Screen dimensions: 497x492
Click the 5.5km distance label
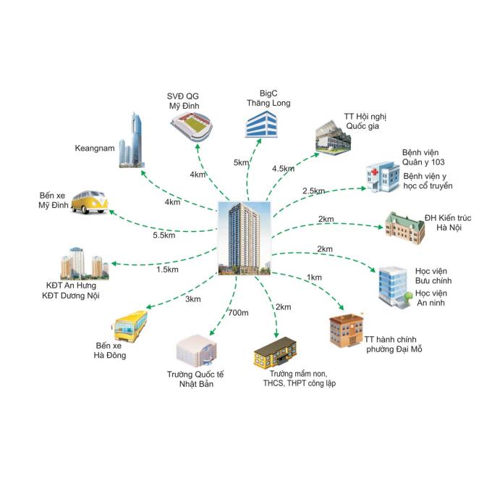coord(164,235)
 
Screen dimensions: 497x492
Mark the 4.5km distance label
coord(283,169)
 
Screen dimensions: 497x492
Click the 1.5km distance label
coord(167,270)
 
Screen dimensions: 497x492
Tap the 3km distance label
coord(192,299)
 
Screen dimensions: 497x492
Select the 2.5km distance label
coord(313,191)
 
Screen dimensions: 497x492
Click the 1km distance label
coord(314,277)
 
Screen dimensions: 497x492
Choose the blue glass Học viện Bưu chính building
coord(394,285)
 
